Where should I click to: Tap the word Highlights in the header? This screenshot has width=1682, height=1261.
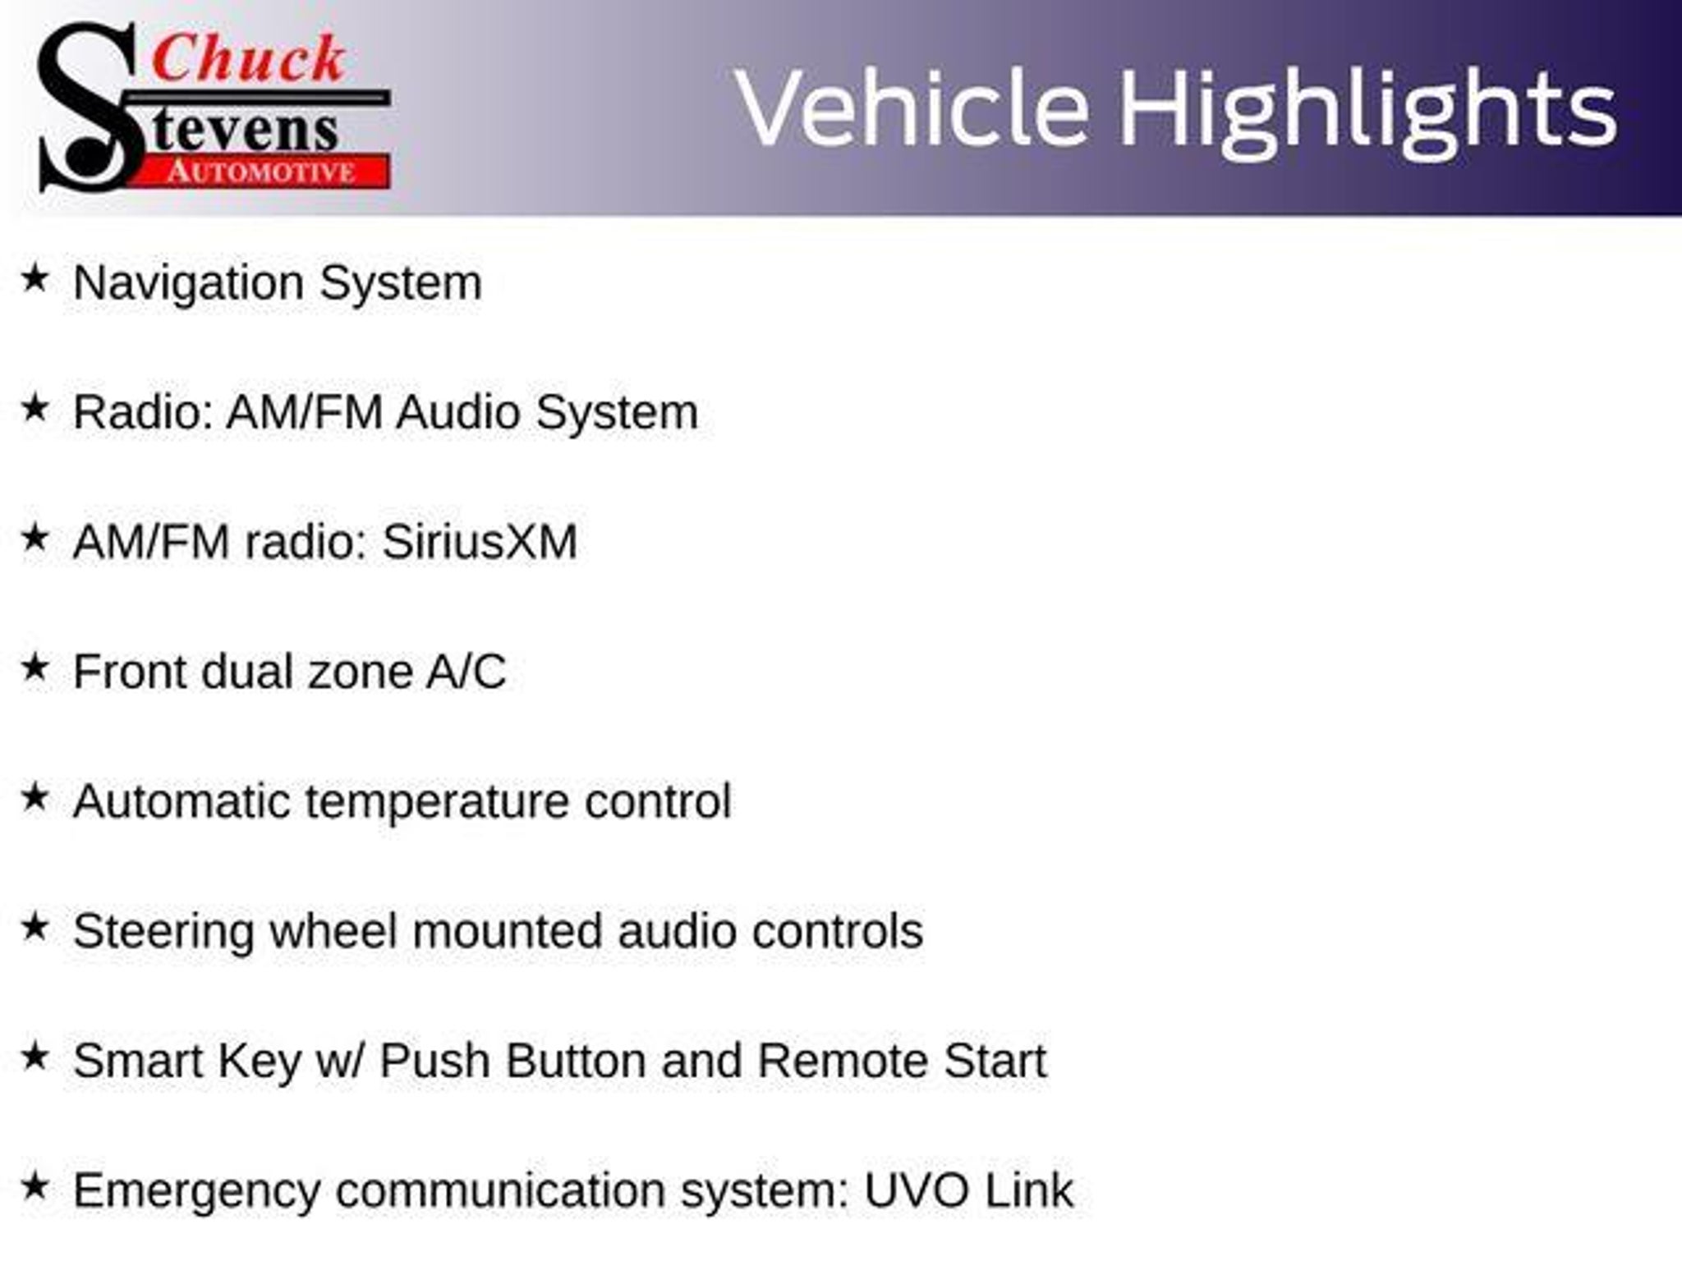1367,112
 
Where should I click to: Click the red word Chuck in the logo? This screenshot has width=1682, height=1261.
249,58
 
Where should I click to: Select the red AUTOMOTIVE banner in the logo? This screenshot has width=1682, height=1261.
261,172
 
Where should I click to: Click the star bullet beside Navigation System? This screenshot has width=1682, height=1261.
34,278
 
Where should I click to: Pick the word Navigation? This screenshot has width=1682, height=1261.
188,284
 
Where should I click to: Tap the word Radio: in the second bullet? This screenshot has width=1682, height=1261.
143,411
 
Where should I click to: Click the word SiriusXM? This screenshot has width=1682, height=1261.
480,542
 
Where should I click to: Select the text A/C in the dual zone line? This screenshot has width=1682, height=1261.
466,672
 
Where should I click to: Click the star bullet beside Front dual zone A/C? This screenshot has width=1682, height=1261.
34,667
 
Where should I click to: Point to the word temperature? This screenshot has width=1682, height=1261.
437,802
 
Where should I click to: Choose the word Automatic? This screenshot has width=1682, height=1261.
182,801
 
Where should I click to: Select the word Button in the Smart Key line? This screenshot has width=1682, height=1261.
576,1061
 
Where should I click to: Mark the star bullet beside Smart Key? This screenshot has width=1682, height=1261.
34,1057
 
